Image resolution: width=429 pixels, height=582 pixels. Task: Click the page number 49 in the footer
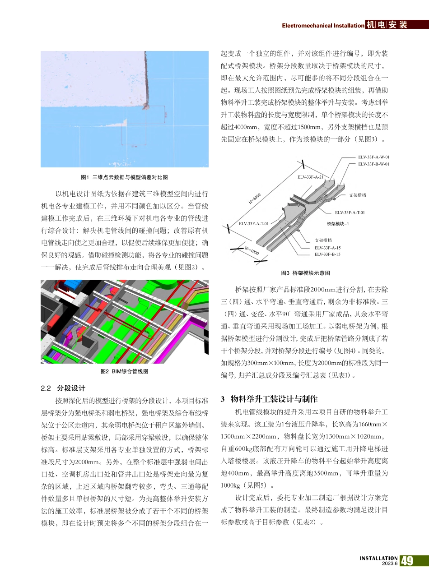point(407,561)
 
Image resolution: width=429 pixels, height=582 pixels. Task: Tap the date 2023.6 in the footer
point(390,564)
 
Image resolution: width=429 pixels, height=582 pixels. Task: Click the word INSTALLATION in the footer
point(378,558)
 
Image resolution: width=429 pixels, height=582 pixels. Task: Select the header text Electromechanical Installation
point(323,26)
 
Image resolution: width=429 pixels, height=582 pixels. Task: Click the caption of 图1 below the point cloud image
point(124,177)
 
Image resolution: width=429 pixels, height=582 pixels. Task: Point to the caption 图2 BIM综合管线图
point(124,371)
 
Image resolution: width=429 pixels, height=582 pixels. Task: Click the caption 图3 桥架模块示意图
point(305,273)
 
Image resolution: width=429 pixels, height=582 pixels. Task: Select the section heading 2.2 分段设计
point(63,388)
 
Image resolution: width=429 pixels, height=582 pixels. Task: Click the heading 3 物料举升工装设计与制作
point(269,399)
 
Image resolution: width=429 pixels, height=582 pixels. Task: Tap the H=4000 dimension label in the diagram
point(255,199)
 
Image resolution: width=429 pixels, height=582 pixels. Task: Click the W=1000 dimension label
point(252,251)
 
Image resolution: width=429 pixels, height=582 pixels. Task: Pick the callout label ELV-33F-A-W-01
point(373,157)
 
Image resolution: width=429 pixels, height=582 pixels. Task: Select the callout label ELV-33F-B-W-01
point(373,164)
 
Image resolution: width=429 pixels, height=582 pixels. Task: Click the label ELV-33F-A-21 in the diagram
point(310,177)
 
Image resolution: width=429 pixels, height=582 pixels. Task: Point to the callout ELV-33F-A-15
point(327,248)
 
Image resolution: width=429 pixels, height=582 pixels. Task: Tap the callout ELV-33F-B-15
point(327,254)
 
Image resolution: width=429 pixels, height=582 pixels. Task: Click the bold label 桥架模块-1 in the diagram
point(338,224)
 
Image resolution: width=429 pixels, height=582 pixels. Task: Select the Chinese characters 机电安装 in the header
point(387,25)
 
